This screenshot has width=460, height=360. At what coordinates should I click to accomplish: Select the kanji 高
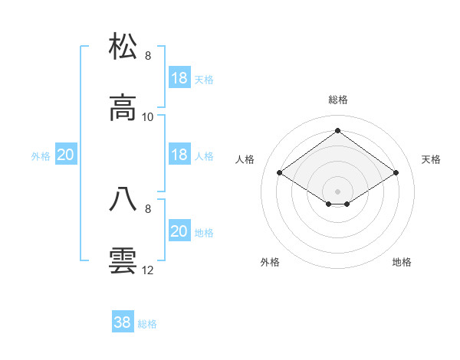pos(123,109)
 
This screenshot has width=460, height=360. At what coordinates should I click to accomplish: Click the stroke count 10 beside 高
pos(149,116)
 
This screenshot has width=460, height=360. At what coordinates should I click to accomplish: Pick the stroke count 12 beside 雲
pos(148,270)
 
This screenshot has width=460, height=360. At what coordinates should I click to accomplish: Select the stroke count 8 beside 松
pos(148,55)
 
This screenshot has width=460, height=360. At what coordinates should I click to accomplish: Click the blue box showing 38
pos(123,322)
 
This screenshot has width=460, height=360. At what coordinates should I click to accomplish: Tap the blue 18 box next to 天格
pos(179,77)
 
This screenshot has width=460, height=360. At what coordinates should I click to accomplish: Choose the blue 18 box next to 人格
pos(179,154)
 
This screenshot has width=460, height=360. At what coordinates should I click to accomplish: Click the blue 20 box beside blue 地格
pos(179,231)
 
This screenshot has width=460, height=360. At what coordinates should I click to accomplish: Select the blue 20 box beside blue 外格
pos(65,154)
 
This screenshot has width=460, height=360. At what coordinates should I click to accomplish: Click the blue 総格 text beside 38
pos(147,324)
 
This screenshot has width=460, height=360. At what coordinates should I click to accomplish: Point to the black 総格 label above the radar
pos(337,100)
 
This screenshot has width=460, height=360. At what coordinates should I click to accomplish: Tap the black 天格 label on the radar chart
pos(431,159)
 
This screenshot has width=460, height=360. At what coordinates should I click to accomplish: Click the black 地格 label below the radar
pos(402,262)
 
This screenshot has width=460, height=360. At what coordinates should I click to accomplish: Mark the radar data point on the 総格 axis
pos(337,130)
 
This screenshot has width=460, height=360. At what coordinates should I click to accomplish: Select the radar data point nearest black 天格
pos(396,173)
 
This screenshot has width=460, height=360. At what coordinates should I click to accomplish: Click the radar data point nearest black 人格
pos(280,173)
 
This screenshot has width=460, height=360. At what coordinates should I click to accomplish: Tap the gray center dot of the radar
pos(337,191)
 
